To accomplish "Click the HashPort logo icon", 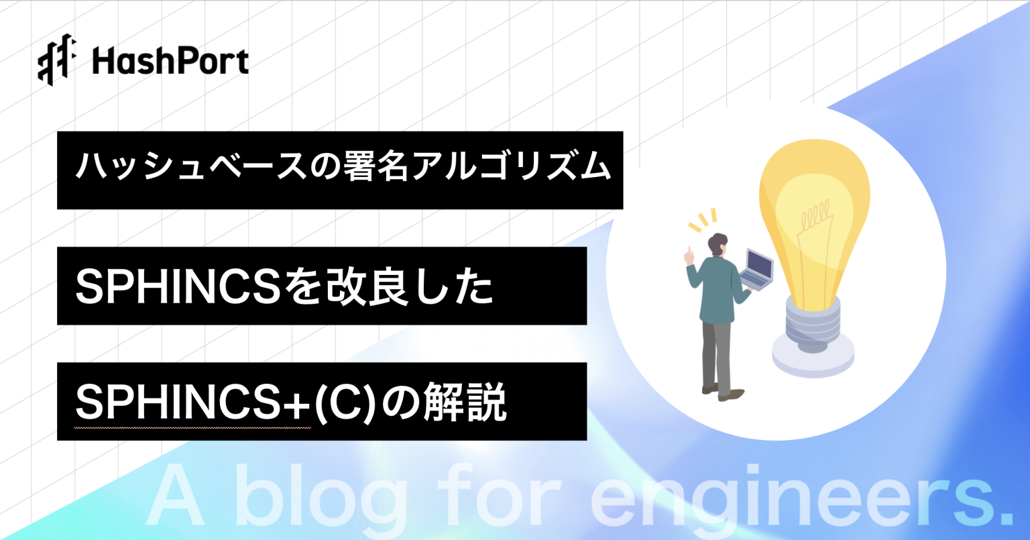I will click(x=57, y=60).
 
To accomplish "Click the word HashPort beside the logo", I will click(x=170, y=62).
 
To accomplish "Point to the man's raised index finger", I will click(x=689, y=254).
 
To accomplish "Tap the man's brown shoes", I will click(x=722, y=392).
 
